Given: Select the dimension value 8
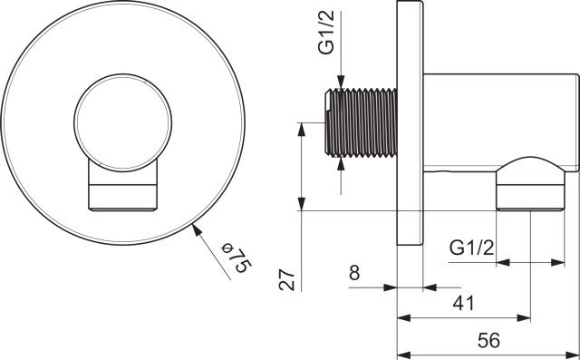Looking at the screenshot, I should pyautogui.click(x=354, y=271).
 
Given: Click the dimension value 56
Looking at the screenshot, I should pyautogui.click(x=488, y=341).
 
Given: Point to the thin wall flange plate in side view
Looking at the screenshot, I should pyautogui.click(x=410, y=123).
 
